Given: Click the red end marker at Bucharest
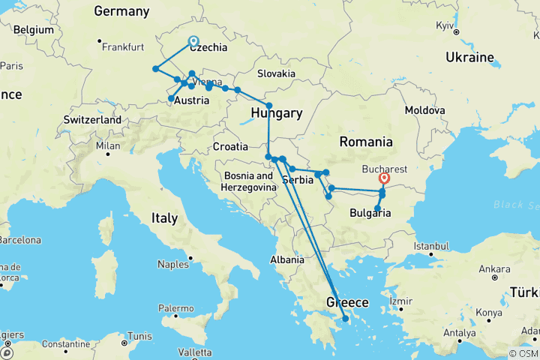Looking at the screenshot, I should point(385,178).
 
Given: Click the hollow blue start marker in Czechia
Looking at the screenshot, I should point(193,42).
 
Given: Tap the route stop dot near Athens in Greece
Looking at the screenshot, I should point(345,319).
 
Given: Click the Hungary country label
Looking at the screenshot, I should point(277,113).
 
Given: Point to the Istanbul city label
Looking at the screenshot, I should point(431,246).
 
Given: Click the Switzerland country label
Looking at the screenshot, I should point(92,120).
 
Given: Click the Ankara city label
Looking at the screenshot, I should point(494,268).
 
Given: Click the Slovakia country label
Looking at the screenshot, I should point(276,73).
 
